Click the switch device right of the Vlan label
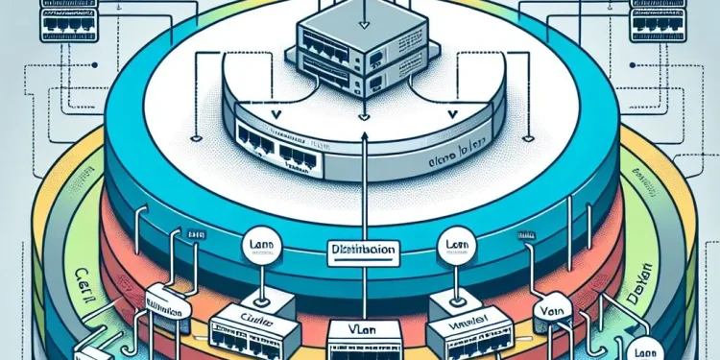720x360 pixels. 459,332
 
